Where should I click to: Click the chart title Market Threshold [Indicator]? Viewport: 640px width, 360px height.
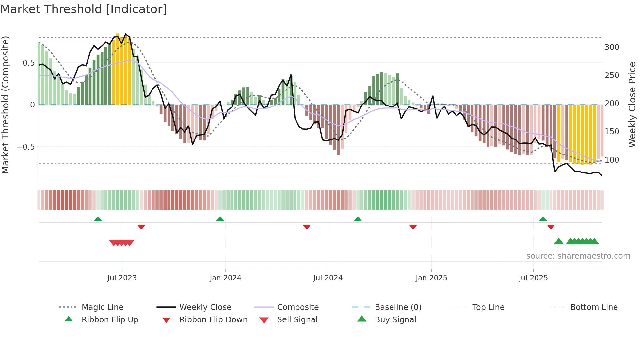84,9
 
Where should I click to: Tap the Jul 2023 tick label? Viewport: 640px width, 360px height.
122,278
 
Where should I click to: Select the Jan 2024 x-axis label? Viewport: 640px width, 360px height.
225,278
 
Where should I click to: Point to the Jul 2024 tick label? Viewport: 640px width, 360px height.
328,278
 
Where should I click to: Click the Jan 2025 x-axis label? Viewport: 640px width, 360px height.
431,278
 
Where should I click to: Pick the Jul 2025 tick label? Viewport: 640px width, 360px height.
533,278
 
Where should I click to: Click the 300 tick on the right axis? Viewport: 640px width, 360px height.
612,47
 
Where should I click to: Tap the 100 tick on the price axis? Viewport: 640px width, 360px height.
612,160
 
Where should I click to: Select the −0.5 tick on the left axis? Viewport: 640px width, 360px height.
26,147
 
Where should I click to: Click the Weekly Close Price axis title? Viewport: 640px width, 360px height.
632,105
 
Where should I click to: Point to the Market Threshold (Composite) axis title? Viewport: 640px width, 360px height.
5,105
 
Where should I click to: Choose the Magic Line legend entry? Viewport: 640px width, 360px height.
102,307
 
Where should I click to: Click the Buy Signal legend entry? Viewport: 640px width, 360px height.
395,320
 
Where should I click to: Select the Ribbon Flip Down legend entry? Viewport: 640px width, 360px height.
213,320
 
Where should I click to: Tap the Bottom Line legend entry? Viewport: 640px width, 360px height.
594,307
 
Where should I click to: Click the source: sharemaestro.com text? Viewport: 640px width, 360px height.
578,256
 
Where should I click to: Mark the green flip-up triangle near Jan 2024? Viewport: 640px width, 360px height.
220,219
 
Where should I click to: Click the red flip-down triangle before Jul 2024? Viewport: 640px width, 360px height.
307,227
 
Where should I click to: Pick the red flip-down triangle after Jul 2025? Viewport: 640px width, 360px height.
551,227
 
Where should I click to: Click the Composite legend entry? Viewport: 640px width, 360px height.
297,307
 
